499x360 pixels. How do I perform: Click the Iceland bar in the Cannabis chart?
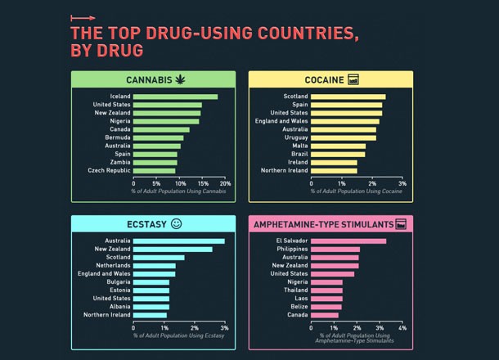coord(175,97)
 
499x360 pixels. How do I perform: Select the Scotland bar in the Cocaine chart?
coord(348,97)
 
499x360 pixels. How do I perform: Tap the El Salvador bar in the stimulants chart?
coord(348,241)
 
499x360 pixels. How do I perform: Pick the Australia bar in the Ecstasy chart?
coord(178,241)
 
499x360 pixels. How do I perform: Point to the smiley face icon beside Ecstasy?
coord(177,223)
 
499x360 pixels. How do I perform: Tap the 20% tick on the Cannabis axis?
coord(225,184)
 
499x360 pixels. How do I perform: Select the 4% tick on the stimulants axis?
coord(402,328)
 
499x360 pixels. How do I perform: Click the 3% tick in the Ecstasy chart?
coord(225,328)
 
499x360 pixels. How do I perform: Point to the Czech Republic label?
coord(109,170)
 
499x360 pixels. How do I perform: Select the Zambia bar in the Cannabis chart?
coord(155,162)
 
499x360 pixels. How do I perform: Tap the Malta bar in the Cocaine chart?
coord(338,146)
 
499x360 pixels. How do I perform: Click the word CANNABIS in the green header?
coord(148,79)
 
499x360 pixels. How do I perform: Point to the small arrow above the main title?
coord(83,17)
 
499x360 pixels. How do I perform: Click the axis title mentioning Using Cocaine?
coord(356,191)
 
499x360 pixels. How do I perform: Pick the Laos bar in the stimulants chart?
coord(326,298)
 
